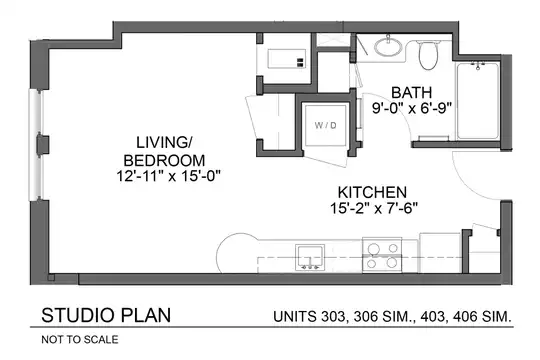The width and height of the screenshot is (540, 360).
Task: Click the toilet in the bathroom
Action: point(428,54)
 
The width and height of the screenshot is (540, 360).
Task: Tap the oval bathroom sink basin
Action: point(388,47)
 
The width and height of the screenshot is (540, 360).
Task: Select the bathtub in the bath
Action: point(478,101)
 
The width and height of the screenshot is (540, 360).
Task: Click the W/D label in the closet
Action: point(325,125)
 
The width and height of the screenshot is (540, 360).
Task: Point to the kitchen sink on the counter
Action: point(310,257)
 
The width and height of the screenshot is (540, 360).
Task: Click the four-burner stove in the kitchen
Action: point(382,255)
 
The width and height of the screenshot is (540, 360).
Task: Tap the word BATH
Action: point(412,93)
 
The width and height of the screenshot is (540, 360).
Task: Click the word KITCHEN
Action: point(372,192)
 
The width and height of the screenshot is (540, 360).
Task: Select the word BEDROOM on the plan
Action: point(164,161)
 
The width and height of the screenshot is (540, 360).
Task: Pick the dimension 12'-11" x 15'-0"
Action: point(168,176)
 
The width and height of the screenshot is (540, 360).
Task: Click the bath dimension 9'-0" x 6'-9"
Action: point(412,109)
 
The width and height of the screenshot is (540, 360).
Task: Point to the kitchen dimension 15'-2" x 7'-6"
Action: point(374,208)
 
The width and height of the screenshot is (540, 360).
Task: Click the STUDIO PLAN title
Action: point(106,315)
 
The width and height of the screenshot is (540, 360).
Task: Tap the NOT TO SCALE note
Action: point(80,340)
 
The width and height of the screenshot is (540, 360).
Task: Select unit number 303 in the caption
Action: point(333,316)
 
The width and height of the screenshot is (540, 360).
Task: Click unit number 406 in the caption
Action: point(465,316)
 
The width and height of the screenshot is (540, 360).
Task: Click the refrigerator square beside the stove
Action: point(440,253)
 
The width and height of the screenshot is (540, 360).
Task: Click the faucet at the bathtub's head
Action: point(478,65)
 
